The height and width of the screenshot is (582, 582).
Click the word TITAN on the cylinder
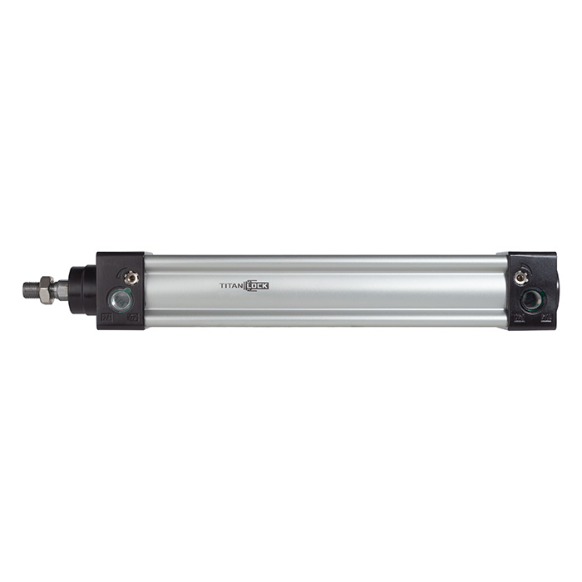(x=230, y=285)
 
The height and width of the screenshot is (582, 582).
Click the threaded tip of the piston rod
(x=31, y=289)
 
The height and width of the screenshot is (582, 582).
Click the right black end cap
(x=533, y=259)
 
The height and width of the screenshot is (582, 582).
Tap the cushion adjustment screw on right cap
(x=521, y=277)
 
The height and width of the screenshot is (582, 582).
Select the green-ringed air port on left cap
(x=121, y=299)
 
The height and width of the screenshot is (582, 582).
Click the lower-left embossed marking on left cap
(x=106, y=317)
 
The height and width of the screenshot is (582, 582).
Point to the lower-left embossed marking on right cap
(x=518, y=317)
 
